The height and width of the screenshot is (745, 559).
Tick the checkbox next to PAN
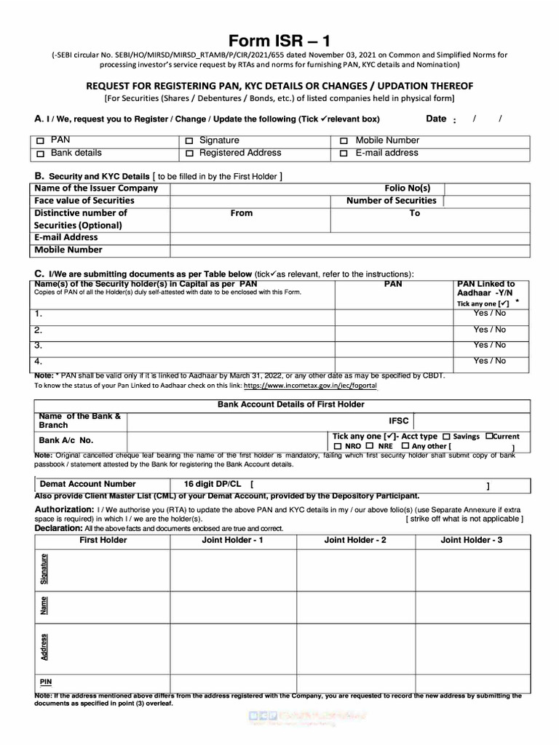tap(41, 141)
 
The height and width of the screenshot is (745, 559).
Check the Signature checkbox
tap(189, 141)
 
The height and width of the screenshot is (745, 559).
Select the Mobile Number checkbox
tap(344, 141)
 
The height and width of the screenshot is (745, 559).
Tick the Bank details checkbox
tap(41, 154)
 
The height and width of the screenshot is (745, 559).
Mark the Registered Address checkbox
tap(189, 154)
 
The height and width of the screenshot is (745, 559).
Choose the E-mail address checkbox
tap(344, 154)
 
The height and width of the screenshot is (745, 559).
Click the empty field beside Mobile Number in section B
tap(349, 250)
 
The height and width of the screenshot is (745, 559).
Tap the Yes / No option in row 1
tap(489, 313)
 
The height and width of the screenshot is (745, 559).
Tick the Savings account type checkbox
tap(446, 437)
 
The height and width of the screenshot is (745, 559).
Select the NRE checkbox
tap(370, 446)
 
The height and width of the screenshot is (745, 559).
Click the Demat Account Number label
tap(87, 484)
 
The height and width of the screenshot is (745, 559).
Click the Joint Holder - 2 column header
tap(355, 541)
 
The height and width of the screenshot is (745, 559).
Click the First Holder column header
tap(103, 541)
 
